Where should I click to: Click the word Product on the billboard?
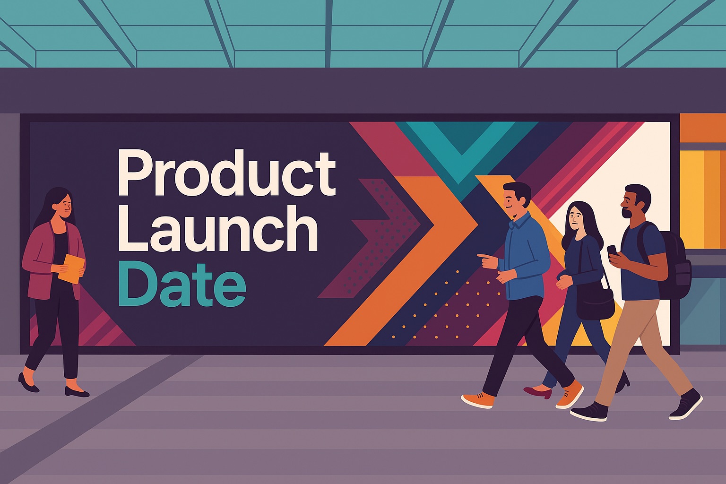tap(227, 173)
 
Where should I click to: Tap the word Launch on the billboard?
tap(218, 229)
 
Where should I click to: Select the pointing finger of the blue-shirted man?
tap(483, 257)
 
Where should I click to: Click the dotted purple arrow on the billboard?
tap(370, 238)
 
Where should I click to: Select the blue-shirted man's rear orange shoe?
tap(477, 399)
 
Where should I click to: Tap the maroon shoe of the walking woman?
tap(538, 392)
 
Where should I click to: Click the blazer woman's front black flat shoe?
tap(77, 392)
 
